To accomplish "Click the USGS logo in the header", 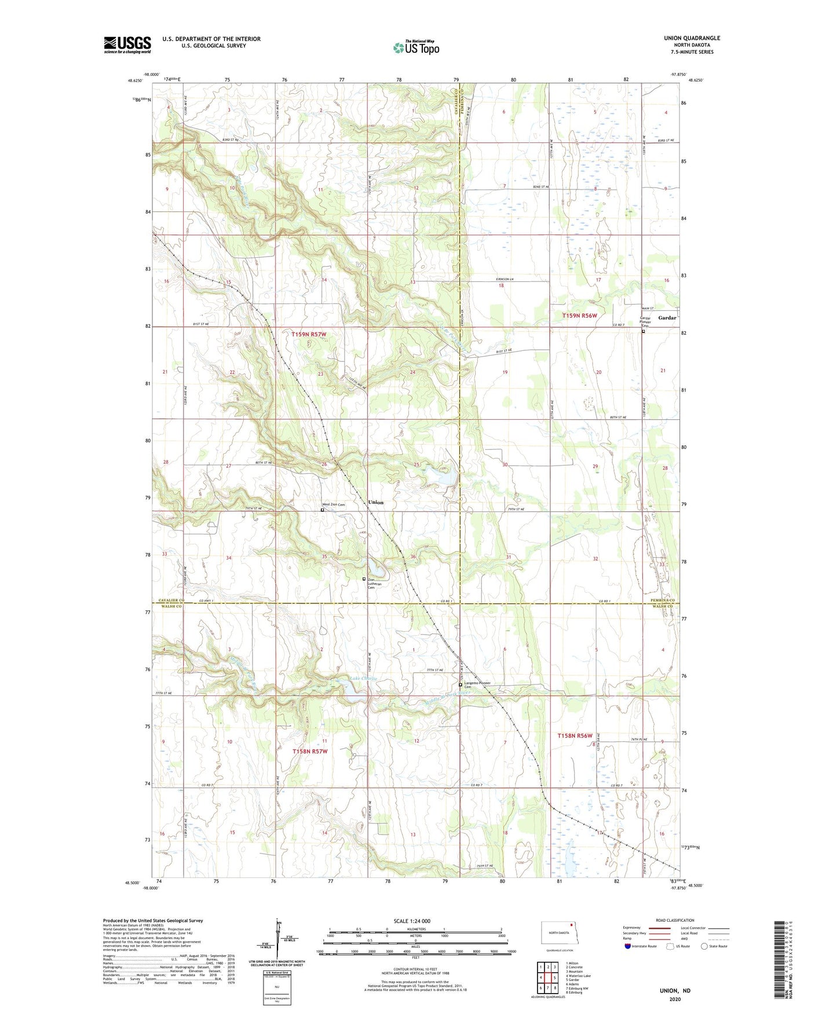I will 127,45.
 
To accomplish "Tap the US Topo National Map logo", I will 416,47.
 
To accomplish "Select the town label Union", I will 376,503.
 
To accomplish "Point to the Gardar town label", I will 667,318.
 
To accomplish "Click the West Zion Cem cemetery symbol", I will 323,510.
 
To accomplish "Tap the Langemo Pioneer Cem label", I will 477,684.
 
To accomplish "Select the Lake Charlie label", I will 363,678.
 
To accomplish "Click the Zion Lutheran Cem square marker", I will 364,579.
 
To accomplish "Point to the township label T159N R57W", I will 309,335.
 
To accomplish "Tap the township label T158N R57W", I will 310,752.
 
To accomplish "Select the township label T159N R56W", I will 579,316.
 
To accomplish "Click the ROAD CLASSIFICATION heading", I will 675,920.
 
